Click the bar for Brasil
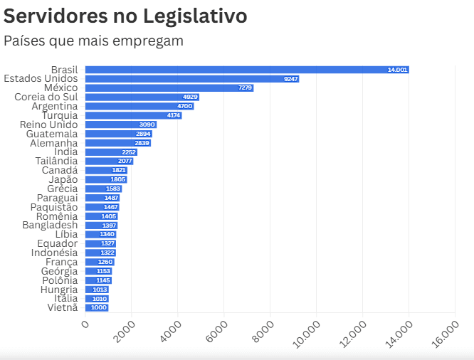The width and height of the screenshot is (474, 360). [x=246, y=70]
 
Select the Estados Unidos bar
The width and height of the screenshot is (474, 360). [x=191, y=79]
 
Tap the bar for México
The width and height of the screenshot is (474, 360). [x=169, y=88]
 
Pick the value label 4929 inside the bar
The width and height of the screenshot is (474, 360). [x=190, y=97]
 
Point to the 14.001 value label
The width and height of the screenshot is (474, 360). [x=397, y=70]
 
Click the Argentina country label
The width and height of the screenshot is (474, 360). [x=54, y=106]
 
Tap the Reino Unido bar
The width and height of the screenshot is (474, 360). [x=120, y=125]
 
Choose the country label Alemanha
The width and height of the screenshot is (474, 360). [x=53, y=143]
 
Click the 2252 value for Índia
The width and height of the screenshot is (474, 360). [x=129, y=152]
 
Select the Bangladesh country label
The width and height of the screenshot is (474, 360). [x=49, y=226]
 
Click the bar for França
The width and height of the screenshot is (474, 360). [x=99, y=262]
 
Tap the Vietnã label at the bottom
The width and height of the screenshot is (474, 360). [x=63, y=307]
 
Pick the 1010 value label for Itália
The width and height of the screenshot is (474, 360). [x=100, y=299]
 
